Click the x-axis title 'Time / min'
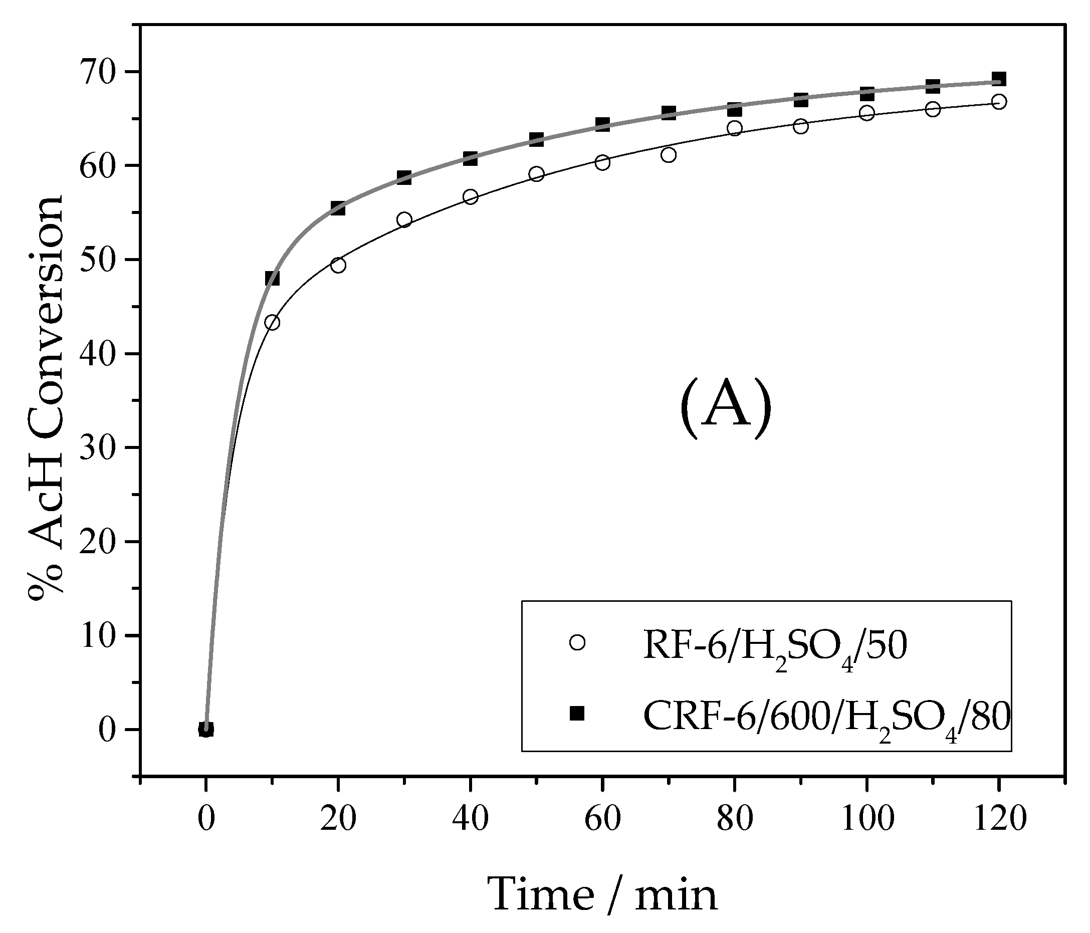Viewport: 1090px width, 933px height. (x=603, y=894)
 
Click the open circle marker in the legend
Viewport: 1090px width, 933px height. (x=577, y=643)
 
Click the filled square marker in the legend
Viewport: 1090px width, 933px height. (x=577, y=713)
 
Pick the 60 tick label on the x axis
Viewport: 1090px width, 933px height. (x=603, y=819)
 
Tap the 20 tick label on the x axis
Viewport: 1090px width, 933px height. (x=338, y=819)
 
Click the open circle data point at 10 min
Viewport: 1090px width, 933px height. (x=272, y=322)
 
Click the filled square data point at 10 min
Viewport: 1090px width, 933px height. (x=272, y=278)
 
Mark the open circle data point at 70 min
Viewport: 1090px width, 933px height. (x=669, y=155)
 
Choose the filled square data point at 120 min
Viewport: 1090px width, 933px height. (x=999, y=79)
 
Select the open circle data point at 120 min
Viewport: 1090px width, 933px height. (x=999, y=102)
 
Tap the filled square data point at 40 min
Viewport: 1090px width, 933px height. (x=470, y=158)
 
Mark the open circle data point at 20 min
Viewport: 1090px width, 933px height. (x=338, y=266)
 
